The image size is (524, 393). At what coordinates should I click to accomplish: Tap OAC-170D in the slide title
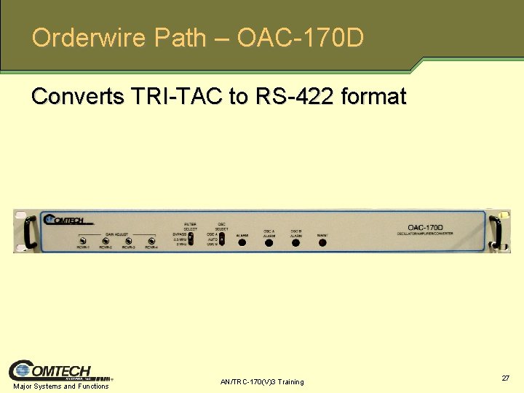click(x=301, y=38)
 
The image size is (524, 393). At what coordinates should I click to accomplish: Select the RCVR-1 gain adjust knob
click(x=82, y=241)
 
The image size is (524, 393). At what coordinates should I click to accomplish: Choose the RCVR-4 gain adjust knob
click(x=151, y=241)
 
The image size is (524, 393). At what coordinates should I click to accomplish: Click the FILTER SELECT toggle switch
click(x=191, y=239)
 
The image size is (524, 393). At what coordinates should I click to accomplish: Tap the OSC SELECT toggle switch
click(x=222, y=239)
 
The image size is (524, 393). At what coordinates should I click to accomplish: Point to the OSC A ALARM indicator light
click(x=269, y=242)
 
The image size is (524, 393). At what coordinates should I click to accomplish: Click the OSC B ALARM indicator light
click(x=296, y=242)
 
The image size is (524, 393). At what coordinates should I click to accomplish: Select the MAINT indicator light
click(x=322, y=242)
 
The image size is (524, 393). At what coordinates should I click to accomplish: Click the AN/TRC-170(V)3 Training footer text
click(x=261, y=382)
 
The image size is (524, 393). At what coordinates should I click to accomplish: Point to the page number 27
click(x=505, y=378)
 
